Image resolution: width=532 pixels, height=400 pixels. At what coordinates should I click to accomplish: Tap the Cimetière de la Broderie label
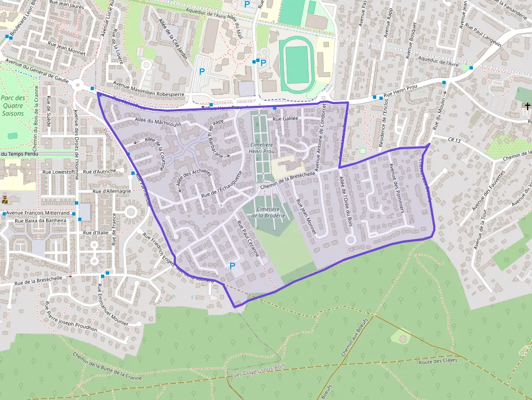[x=268, y=212]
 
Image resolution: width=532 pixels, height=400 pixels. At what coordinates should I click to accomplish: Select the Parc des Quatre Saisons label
[x=12, y=105]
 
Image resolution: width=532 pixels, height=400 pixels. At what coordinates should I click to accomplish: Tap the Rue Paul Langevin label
[x=483, y=36]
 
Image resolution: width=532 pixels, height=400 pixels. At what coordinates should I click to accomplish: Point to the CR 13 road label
[x=454, y=141]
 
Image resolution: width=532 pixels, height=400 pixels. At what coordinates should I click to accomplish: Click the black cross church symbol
[x=527, y=105]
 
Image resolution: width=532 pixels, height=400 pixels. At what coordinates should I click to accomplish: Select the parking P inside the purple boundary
[x=232, y=266]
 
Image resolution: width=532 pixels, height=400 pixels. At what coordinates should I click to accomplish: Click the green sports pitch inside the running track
[x=296, y=65]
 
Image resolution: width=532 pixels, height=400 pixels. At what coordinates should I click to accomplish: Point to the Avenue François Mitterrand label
[x=40, y=213]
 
